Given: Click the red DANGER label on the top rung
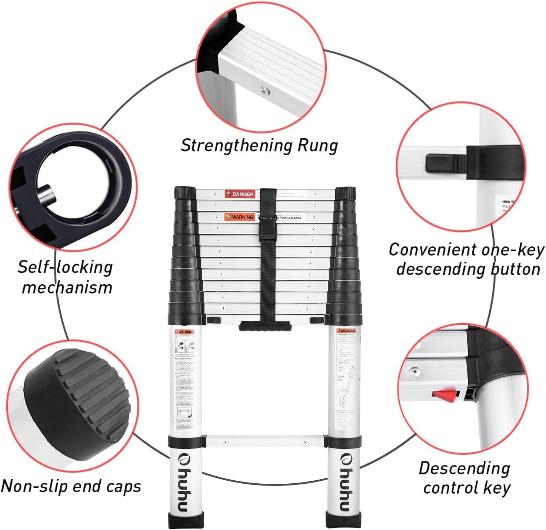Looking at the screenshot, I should (240, 194).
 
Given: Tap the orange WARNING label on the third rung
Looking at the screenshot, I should (239, 217).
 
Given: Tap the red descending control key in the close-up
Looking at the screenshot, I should (443, 394).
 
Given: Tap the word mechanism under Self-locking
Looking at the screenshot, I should (67, 287).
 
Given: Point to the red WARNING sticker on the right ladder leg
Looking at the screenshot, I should (346, 331).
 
